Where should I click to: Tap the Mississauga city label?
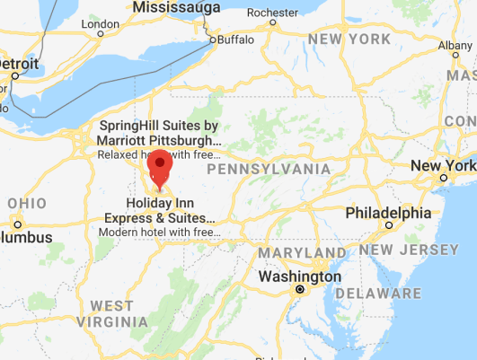[x=180, y=8]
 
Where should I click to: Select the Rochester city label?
[x=272, y=13]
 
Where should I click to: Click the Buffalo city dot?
[x=213, y=40]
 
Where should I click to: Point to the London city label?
[x=100, y=24]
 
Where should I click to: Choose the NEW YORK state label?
[x=349, y=40]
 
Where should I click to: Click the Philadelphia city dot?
[x=388, y=225]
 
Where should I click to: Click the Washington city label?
[x=299, y=277]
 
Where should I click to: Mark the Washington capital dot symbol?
[x=300, y=290]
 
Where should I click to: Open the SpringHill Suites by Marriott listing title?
[x=161, y=133]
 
